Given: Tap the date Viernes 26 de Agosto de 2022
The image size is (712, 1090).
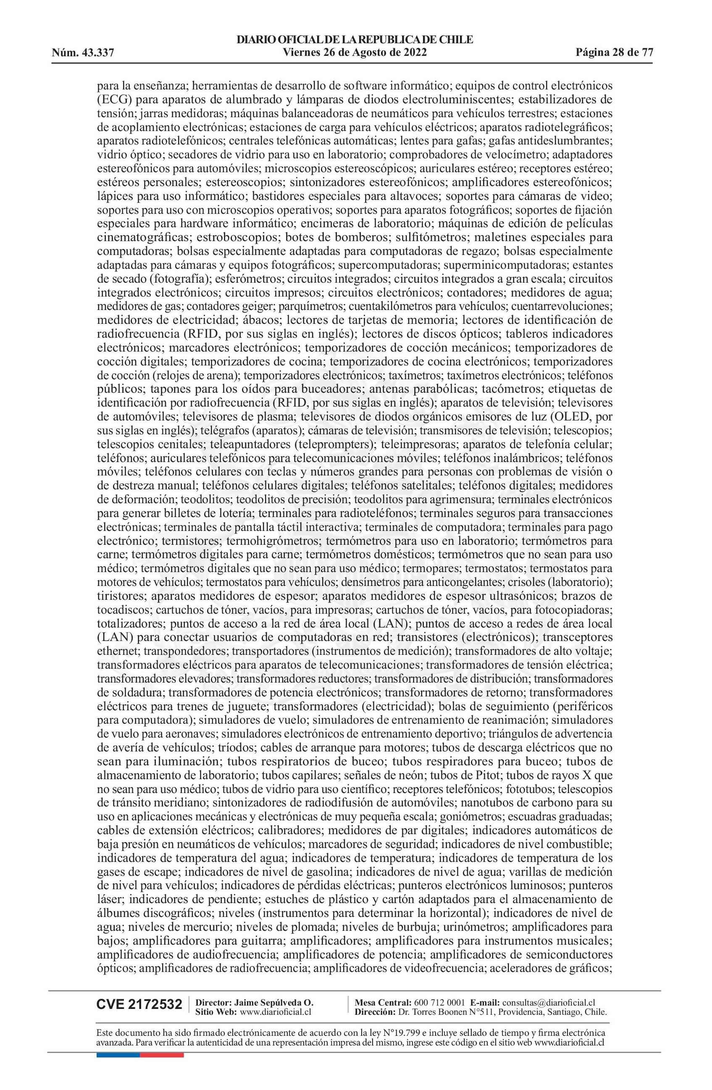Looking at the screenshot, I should point(355,52).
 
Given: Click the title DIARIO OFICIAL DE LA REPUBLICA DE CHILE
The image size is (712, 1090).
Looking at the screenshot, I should point(355,40).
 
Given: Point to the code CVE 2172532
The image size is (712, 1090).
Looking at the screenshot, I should point(139,1004).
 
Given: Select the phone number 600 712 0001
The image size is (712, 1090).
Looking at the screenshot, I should point(439,1002).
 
